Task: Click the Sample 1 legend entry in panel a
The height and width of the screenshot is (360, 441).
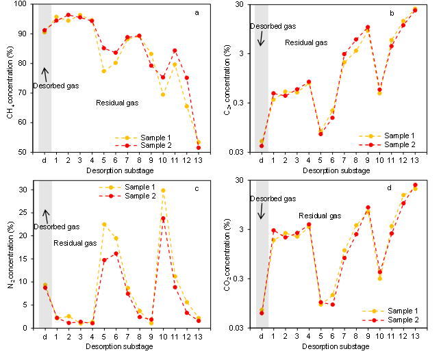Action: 143,138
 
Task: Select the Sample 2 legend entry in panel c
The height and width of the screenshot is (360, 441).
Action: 127,196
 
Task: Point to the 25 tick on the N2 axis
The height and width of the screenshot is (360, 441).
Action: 23,213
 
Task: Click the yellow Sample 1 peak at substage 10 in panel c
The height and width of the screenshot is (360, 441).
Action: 163,190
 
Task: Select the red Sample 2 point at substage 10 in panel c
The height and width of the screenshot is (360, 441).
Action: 163,218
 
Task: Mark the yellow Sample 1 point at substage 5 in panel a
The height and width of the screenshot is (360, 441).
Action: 104,71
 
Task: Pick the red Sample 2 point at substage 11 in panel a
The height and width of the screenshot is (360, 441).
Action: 175,51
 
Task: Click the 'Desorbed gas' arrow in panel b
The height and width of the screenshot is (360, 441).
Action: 261,38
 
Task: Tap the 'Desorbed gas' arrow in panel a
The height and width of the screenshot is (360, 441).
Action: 45,75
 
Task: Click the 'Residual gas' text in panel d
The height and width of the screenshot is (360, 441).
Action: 320,216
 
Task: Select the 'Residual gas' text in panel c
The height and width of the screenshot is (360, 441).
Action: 75,243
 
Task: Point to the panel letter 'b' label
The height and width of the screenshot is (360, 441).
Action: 392,13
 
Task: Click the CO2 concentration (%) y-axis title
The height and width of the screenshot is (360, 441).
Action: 227,255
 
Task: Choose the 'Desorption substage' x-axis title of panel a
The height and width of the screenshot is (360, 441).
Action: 120,170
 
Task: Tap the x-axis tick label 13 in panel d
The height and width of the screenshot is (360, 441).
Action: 415,336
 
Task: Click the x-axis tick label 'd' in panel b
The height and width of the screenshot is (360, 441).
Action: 262,160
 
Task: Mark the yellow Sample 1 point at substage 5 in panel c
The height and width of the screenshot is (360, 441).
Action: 104,224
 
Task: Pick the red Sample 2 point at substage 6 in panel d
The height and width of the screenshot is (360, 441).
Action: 332,305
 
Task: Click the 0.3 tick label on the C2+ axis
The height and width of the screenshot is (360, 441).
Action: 238,103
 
